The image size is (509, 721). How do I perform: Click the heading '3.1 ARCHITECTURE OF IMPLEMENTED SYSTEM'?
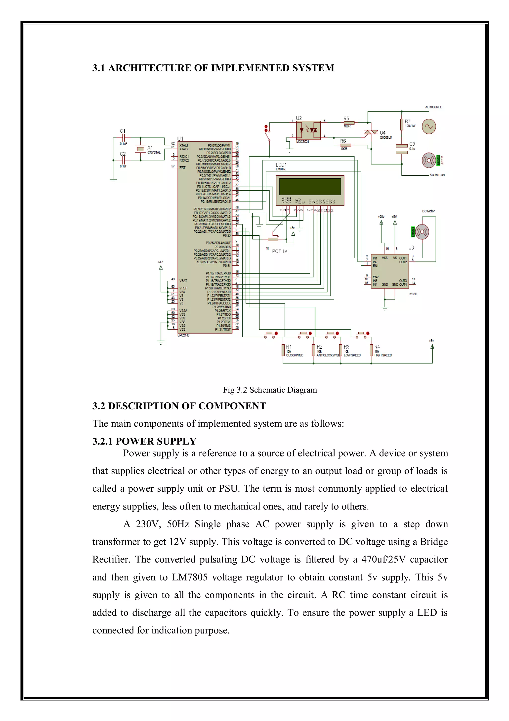[213, 68]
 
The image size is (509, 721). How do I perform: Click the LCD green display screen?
[310, 187]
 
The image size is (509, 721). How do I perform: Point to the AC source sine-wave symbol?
[428, 127]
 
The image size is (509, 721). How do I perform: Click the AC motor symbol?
[428, 160]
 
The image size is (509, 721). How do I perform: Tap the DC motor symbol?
[422, 232]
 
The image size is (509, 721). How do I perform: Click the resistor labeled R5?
[349, 123]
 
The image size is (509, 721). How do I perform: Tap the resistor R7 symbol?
[401, 124]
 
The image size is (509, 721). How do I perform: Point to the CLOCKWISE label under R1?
[295, 355]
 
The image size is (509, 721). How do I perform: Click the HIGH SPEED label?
[383, 355]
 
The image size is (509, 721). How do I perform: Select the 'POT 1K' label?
[280, 251]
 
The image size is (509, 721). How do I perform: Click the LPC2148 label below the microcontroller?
[183, 335]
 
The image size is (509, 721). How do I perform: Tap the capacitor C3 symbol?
[401, 149]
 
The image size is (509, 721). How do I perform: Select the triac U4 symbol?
[371, 133]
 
